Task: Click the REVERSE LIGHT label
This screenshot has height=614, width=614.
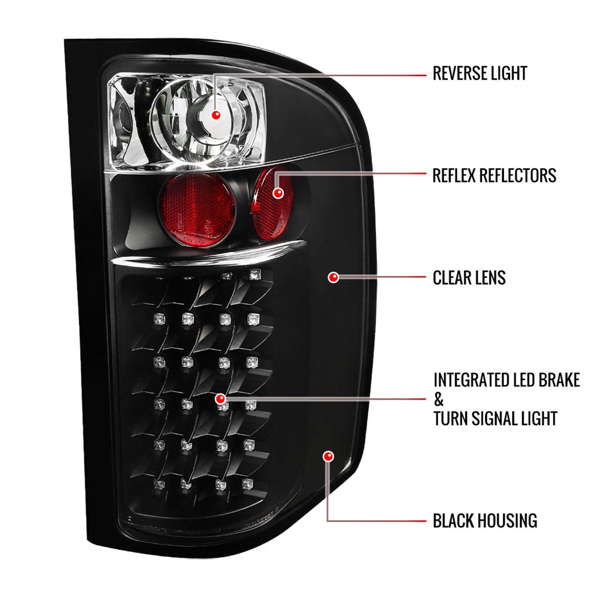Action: click(x=479, y=74)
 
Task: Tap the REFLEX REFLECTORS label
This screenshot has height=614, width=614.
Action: click(x=494, y=176)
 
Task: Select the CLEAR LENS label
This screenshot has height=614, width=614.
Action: click(x=469, y=278)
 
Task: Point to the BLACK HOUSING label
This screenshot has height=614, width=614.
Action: click(x=485, y=521)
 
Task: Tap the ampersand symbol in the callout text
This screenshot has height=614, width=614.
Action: click(x=438, y=400)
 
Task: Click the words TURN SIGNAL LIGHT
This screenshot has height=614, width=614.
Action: click(x=495, y=419)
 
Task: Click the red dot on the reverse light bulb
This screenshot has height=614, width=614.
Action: click(x=216, y=115)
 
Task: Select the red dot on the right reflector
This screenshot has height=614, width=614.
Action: click(x=278, y=193)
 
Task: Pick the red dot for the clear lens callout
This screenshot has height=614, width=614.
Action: click(x=334, y=278)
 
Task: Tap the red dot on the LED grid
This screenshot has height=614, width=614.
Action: click(x=220, y=398)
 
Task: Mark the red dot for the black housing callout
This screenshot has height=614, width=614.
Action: click(x=328, y=456)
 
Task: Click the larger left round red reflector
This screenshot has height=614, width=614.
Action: click(x=199, y=210)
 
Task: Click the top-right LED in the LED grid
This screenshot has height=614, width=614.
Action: click(x=255, y=274)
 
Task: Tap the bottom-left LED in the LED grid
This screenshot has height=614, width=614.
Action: click(x=159, y=485)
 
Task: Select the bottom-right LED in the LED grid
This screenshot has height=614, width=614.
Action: click(x=247, y=484)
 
